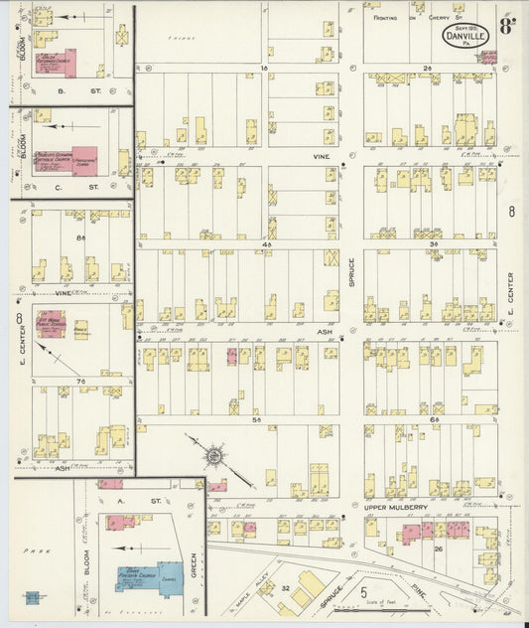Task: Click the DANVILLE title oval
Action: pyautogui.click(x=464, y=36)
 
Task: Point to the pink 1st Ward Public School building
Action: pyautogui.click(x=52, y=324)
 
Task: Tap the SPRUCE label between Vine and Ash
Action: pyautogui.click(x=350, y=272)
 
